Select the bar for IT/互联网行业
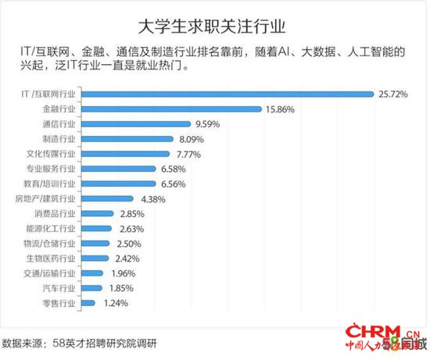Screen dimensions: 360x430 pyautogui.click(x=228, y=94)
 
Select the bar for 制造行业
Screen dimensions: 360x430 pyautogui.click(x=126, y=139)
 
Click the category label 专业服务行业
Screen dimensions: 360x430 pyautogui.click(x=51, y=169)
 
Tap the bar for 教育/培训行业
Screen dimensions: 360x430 pyautogui.click(x=117, y=184)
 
